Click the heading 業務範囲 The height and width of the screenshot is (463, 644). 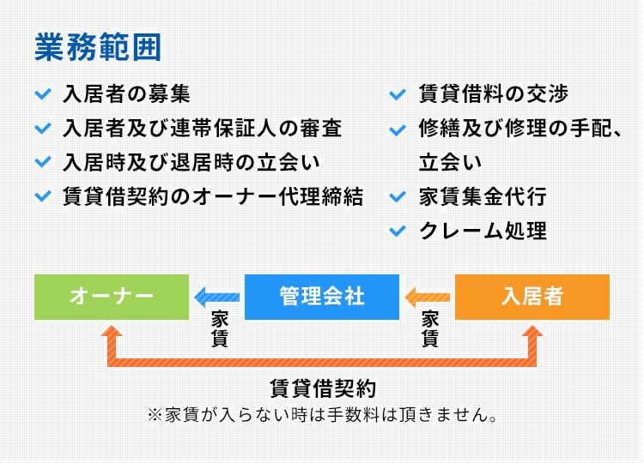coord(98,47)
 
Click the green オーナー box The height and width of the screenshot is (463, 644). coord(112,297)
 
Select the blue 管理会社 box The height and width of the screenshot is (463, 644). coord(322,297)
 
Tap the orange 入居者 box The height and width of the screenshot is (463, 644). coord(532,297)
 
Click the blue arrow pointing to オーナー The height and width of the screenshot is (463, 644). coord(217,297)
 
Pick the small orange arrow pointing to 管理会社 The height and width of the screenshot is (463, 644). coord(427,297)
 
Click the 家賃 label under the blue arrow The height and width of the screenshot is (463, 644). coord(220,329)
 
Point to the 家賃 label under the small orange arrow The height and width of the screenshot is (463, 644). coord(430,329)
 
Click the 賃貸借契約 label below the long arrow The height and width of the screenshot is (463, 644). coord(323,388)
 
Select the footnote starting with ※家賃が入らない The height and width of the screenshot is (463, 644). coord(323,415)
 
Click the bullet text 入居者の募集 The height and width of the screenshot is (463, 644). coord(126,94)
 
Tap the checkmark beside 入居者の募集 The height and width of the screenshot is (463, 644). coord(43,94)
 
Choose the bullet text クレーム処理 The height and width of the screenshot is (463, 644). coord(483,231)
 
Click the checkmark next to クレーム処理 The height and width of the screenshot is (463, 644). coord(398,231)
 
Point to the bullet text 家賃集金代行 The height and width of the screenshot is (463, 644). coord(483,196)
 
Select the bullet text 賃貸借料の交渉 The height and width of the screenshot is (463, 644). coord(494,94)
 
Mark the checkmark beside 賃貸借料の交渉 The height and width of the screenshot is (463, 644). coord(398,94)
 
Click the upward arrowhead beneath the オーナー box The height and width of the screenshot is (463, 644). coord(112,331)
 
